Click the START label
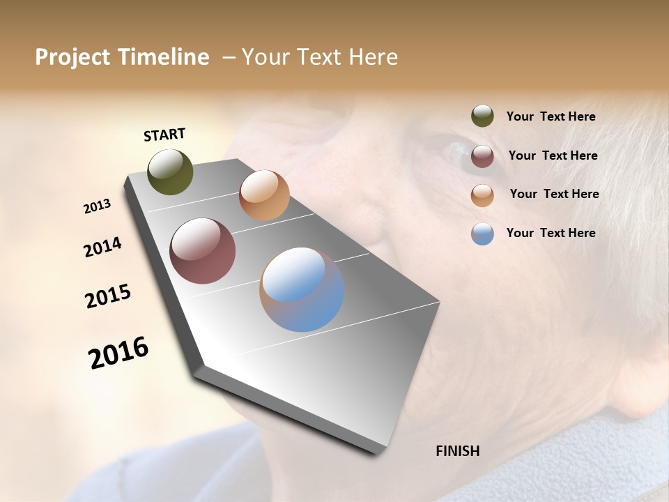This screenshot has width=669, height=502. tap(164, 135)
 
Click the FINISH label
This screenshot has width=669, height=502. tap(457, 451)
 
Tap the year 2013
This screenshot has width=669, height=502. tap(98, 206)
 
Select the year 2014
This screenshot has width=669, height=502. tap(103, 248)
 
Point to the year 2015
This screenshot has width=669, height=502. tap(108, 296)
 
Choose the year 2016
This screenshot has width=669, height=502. tap(118, 352)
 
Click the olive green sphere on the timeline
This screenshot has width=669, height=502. tap(170, 172)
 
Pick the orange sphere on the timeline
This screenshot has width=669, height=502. tap(264, 195)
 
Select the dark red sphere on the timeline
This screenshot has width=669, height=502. tap(203, 251)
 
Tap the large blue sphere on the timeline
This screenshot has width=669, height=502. tap(302, 289)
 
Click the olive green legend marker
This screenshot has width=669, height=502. tap(482, 116)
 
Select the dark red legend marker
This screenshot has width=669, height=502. tap(482, 156)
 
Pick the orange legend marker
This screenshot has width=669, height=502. tap(482, 195)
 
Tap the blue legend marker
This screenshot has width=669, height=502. tap(482, 234)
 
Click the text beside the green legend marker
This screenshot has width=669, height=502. tap(551, 116)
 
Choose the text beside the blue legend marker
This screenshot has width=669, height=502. tap(551, 233)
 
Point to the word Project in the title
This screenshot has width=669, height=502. tap(73, 57)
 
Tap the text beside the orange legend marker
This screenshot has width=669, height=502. tap(554, 194)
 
